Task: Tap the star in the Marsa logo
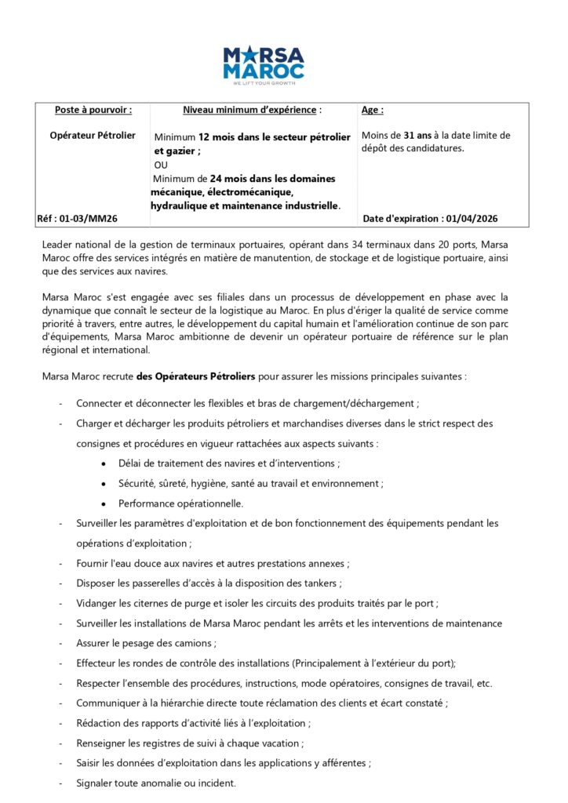pos(250,55)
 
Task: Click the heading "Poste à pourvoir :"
pos(93,110)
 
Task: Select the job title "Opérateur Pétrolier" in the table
pos(93,135)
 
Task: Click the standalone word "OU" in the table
pos(162,165)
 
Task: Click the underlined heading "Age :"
pos(373,111)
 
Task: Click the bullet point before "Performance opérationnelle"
pos(104,503)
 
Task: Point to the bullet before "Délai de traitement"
pos(104,463)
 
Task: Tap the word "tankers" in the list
pos(322,583)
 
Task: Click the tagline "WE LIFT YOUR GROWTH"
pos(264,79)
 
